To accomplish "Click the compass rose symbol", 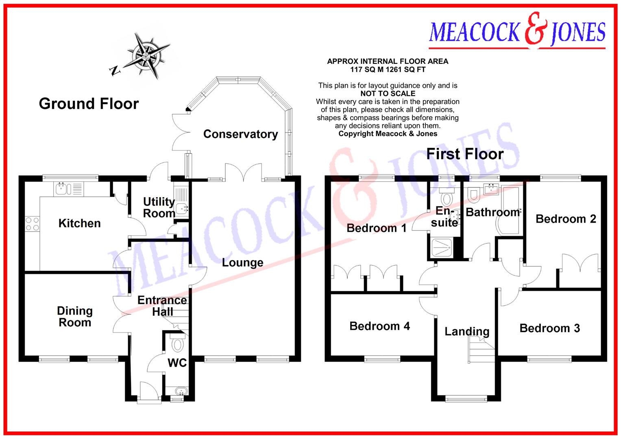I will [x=146, y=55].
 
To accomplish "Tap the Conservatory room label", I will [x=240, y=134].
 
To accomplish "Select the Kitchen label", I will [x=79, y=223].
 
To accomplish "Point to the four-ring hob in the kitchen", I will [x=33, y=224].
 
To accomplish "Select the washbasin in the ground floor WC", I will [x=178, y=391].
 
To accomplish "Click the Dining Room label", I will [x=74, y=317].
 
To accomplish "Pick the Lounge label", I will [x=242, y=263].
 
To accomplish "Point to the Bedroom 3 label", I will [x=549, y=328].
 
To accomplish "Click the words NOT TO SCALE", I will [x=388, y=93].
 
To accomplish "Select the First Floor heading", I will [x=464, y=154].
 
